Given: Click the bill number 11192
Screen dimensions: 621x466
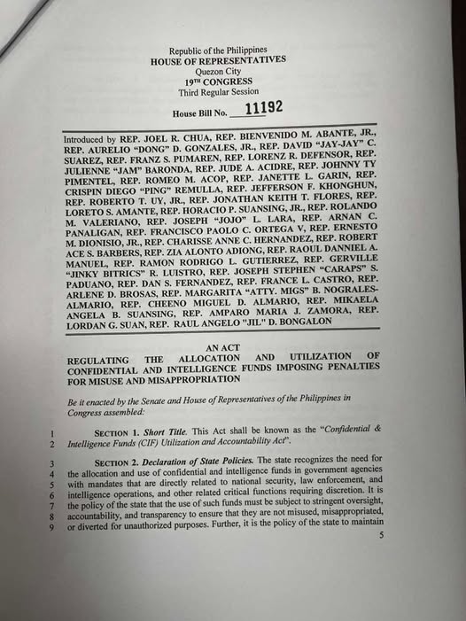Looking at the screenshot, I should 263,107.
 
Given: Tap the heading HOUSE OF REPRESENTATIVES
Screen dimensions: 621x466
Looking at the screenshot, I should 217,60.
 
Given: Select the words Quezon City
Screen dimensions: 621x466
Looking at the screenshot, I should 217,71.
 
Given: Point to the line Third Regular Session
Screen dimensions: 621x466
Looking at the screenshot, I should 217,92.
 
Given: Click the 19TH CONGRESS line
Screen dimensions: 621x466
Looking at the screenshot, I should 217,82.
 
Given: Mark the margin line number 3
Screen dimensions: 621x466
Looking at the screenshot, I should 52,461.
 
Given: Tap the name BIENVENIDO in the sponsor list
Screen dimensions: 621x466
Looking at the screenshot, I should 266,141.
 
